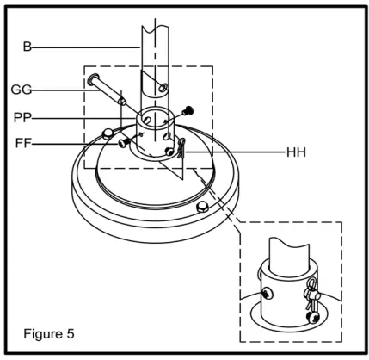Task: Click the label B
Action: point(27,47)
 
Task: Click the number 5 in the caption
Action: point(72,331)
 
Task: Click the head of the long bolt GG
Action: point(92,81)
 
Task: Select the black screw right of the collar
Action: point(190,109)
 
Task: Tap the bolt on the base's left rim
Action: point(108,133)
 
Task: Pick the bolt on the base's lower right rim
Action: point(203,207)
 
